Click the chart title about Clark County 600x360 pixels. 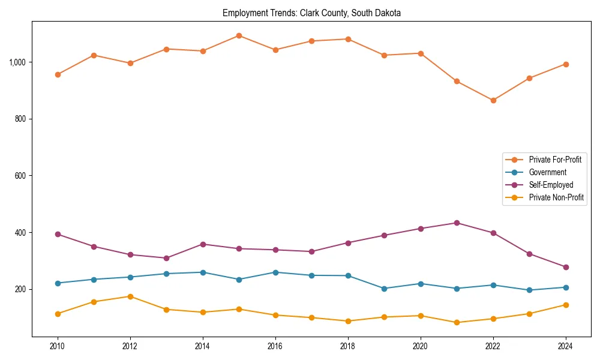[311, 13]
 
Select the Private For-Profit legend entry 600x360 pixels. [555, 160]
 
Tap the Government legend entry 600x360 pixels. [547, 172]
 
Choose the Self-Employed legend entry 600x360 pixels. [551, 185]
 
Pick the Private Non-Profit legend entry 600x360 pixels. [556, 197]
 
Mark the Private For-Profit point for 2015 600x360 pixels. [239, 35]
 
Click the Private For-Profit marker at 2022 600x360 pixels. [493, 100]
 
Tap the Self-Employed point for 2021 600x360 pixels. [457, 223]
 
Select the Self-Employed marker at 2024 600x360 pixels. [566, 267]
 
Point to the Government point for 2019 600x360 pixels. [384, 289]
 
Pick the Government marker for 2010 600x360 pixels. [58, 283]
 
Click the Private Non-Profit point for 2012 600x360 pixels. [130, 296]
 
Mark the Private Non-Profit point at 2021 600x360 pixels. [457, 322]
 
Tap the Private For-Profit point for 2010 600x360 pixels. [58, 74]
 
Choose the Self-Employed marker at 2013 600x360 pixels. [166, 258]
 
